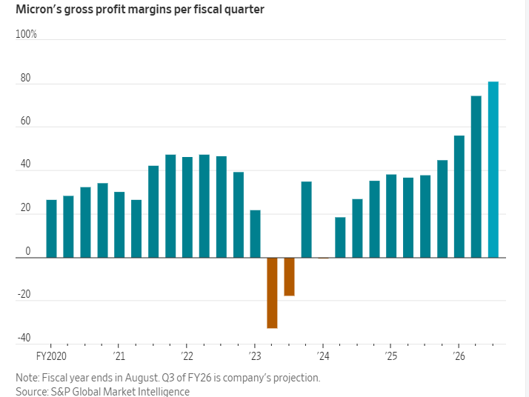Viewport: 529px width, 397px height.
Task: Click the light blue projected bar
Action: (493, 170)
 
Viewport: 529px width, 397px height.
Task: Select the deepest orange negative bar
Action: (272, 293)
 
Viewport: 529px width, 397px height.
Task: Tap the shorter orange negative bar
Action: (289, 276)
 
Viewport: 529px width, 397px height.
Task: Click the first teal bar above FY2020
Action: (51, 229)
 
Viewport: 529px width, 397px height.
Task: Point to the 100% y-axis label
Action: (26, 35)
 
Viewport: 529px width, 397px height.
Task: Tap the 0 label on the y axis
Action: (27, 252)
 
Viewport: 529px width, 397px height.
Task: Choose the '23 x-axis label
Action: (253, 356)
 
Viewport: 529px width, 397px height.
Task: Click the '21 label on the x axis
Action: (118, 356)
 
